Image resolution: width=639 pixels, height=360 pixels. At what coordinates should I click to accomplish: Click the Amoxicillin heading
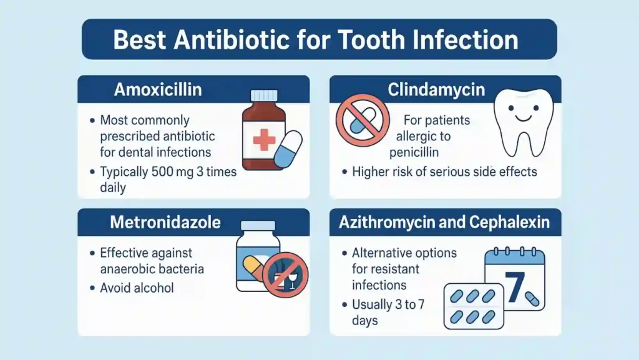coord(158,90)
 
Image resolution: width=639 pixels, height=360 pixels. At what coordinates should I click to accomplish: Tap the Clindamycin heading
coord(436,90)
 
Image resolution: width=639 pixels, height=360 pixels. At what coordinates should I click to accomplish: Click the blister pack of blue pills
coord(474,305)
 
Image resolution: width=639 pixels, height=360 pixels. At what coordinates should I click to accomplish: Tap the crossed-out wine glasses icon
coord(285,276)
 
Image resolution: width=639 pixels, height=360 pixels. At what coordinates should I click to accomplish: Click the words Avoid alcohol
coord(137,288)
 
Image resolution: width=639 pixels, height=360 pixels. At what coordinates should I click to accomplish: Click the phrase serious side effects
coord(484,172)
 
